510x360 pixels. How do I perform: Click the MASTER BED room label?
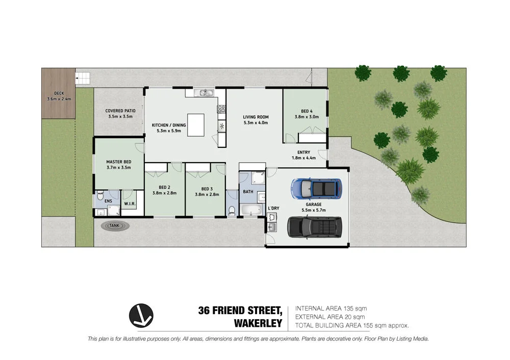(118, 162)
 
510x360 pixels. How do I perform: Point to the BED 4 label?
(307, 111)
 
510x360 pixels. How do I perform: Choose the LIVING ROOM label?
(256, 117)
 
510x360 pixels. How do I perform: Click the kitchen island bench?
(198, 125)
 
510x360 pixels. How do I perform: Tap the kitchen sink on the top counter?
(206, 93)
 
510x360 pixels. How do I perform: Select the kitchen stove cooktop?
(222, 109)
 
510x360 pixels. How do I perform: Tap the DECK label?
(58, 93)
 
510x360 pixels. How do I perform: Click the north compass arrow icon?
(141, 315)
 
